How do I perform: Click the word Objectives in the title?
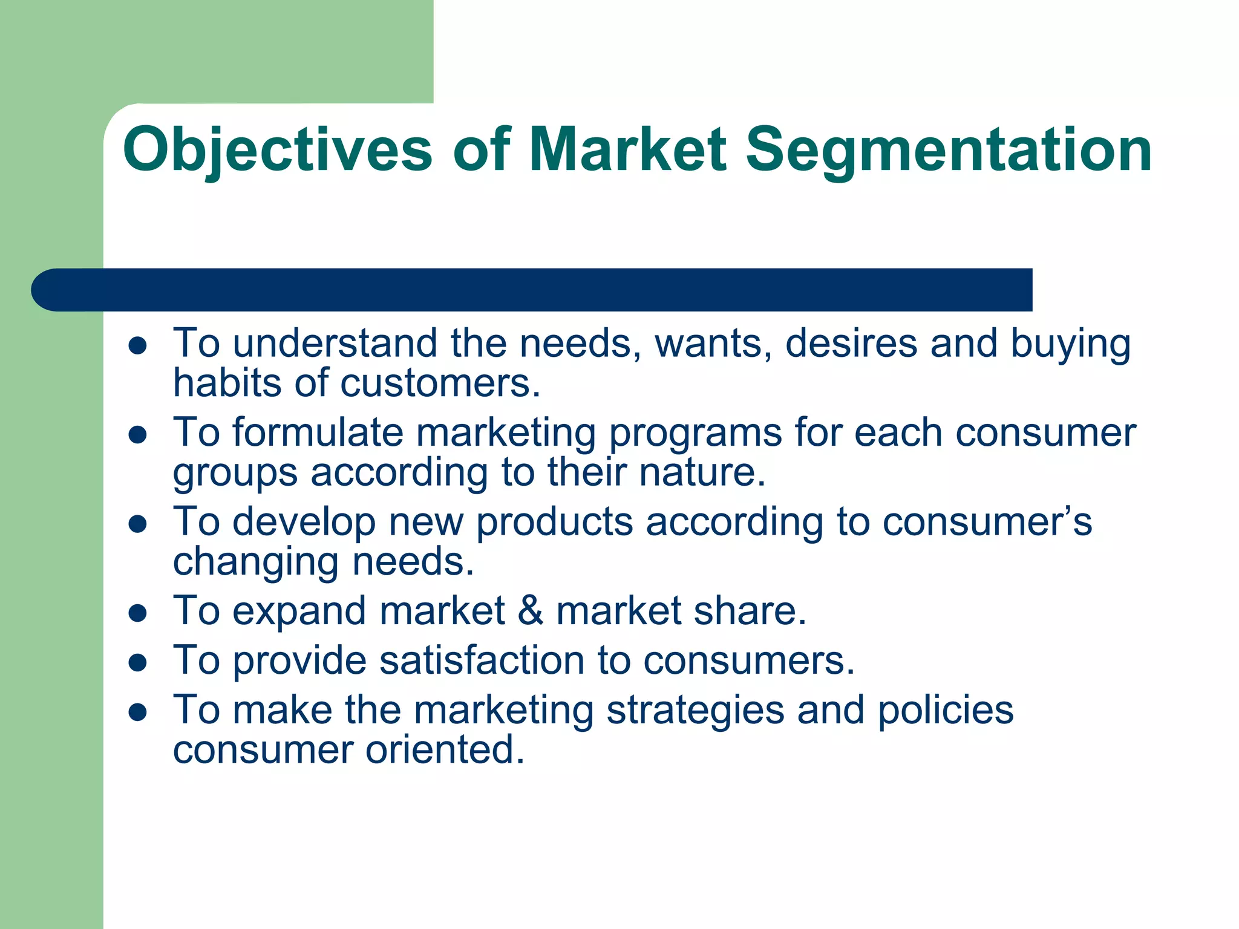click(277, 149)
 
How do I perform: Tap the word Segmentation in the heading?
click(948, 149)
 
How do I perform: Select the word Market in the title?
click(627, 149)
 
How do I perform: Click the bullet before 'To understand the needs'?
click(139, 345)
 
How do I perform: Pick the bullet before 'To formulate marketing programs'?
click(139, 435)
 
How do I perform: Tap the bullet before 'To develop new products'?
click(139, 524)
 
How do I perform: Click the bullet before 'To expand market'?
click(139, 613)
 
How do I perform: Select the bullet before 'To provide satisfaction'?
click(139, 662)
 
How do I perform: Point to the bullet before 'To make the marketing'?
click(139, 712)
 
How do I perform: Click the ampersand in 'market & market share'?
click(530, 611)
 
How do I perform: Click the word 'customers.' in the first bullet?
click(440, 383)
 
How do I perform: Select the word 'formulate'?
click(318, 433)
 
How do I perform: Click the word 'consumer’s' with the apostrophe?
click(987, 523)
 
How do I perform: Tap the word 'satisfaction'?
click(481, 660)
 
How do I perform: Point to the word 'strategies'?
click(695, 711)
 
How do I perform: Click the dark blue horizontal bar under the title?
click(532, 290)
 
